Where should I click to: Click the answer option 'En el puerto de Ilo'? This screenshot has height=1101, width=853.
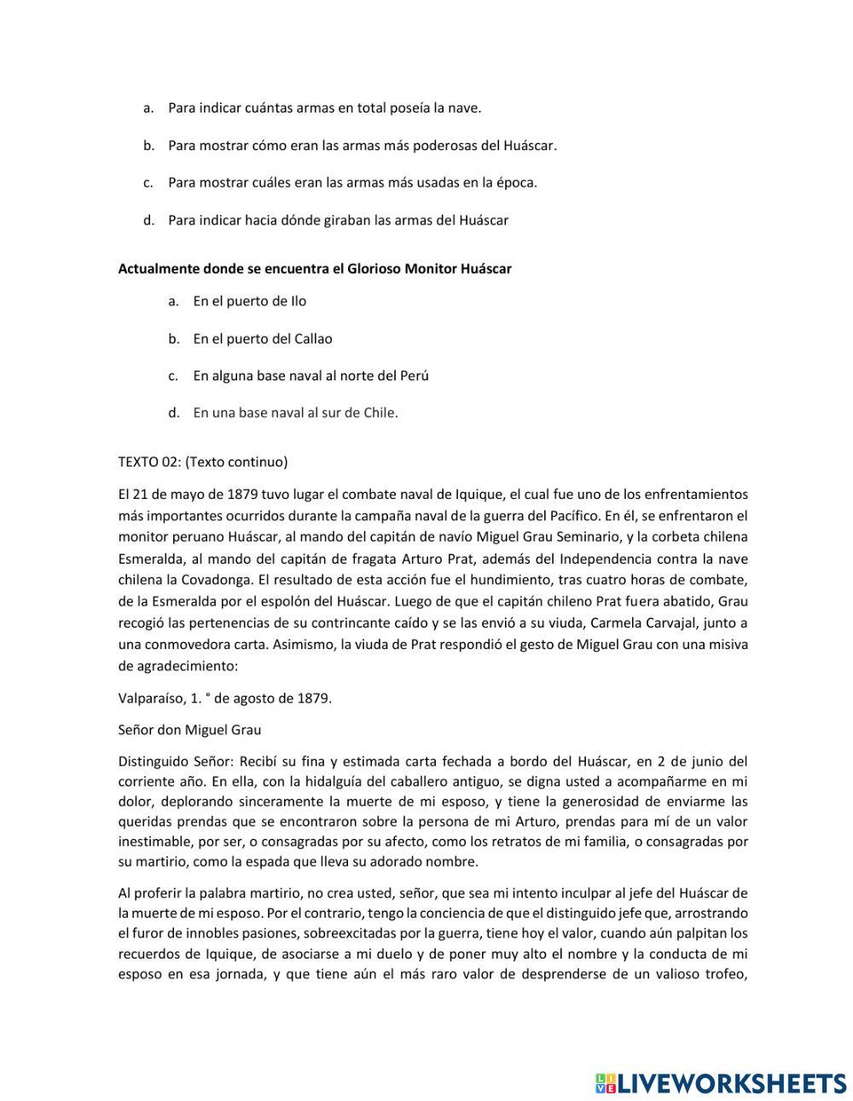coord(249,301)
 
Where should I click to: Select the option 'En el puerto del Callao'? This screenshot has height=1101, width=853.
coord(262,339)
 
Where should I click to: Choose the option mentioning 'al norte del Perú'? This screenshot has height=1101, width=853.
coord(310,375)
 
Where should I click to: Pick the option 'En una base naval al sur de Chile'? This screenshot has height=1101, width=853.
coord(295,413)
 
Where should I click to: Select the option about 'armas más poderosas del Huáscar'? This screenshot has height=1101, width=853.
coord(362,146)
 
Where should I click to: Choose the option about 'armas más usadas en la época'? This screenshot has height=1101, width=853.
coord(352,183)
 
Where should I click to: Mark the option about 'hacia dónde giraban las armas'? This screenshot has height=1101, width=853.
coord(338,220)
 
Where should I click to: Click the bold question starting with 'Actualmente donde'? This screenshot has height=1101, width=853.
coord(314,269)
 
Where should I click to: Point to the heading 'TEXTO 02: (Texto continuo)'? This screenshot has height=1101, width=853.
coord(203,462)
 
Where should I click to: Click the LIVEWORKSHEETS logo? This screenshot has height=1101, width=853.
coord(721,1082)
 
